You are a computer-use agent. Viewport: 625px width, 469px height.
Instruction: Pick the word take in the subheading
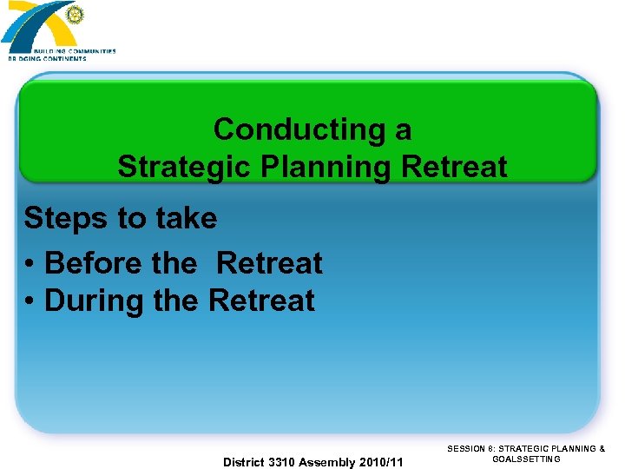pos(184,218)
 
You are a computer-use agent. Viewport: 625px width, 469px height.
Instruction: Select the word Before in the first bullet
pos(93,262)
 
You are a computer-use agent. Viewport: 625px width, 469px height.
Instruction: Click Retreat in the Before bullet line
pos(269,262)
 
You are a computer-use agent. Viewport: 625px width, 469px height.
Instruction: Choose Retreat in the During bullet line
pos(262,301)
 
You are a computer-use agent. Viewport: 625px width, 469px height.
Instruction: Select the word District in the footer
pos(247,462)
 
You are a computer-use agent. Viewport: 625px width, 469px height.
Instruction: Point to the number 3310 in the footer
pos(284,462)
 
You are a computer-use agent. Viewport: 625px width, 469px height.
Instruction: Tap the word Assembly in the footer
pos(326,462)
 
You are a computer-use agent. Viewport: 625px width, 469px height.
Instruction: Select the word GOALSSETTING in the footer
pos(526,459)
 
